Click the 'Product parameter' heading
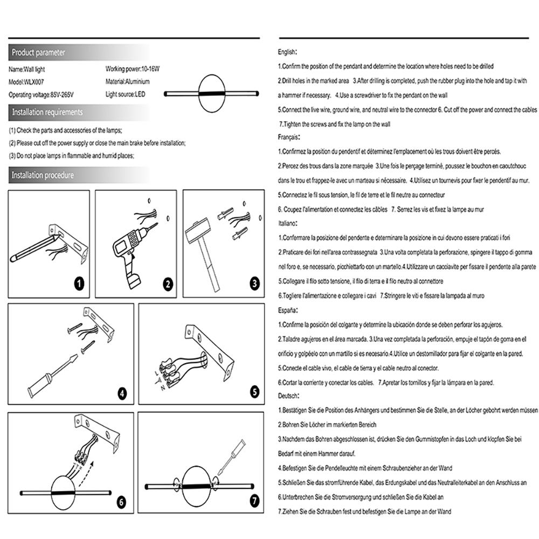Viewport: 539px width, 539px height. tap(38, 53)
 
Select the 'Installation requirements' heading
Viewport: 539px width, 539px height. tap(47, 112)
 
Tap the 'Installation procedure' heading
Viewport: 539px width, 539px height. tap(43, 175)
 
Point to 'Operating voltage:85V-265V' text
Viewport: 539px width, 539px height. tap(41, 95)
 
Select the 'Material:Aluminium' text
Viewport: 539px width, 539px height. tap(128, 82)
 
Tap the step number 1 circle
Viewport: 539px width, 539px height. tap(79, 283)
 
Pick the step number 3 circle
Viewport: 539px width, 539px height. tap(254, 283)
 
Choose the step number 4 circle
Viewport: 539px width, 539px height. tap(122, 393)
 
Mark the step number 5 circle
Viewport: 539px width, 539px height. tap(254, 392)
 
